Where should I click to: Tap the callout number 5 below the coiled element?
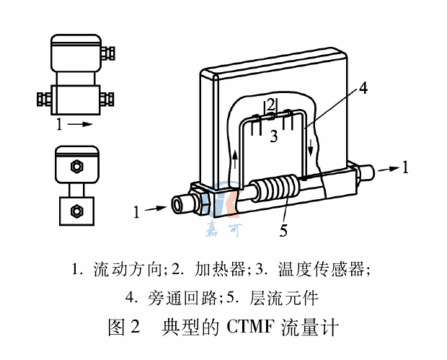point(285,231)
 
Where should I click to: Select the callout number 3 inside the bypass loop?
point(273,136)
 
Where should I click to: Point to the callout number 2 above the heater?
point(270,104)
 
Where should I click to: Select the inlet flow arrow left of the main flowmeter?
point(156,211)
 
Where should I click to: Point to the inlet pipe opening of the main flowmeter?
point(177,206)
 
